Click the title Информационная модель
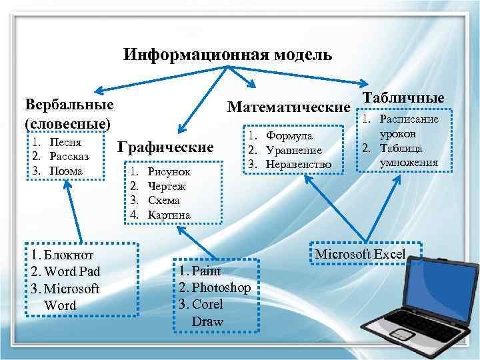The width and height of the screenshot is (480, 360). (227, 55)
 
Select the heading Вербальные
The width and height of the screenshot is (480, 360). (68, 105)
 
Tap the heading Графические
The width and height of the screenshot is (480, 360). (165, 147)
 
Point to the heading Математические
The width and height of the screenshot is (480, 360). (289, 107)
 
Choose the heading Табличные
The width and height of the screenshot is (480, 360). (403, 97)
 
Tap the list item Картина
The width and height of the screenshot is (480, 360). (169, 215)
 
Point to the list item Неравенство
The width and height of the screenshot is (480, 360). (298, 164)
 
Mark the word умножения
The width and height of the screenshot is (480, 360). (409, 161)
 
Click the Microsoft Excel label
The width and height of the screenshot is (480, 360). (359, 254)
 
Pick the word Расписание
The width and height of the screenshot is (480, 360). (409, 119)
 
